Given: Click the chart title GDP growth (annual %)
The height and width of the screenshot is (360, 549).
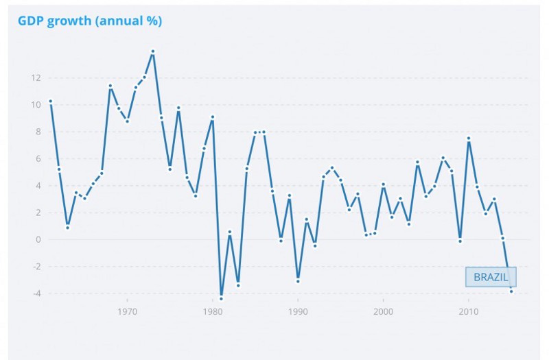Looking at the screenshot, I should tap(90, 21).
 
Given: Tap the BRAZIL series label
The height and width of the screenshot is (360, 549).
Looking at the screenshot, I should tap(491, 277).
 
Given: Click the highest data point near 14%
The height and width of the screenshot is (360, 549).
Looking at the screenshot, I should tap(153, 51).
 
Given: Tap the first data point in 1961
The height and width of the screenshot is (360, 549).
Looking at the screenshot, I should tap(50, 101).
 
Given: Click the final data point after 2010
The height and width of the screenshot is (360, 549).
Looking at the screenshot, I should tap(511, 291).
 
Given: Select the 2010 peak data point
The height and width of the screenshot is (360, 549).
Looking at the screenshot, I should tap(469, 139).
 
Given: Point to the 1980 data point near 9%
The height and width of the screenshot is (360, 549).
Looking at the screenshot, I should tap(213, 117).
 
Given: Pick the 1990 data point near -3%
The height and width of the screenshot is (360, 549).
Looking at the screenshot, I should tap(298, 281).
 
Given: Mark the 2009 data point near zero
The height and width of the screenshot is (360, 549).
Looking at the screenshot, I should tap(460, 241).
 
